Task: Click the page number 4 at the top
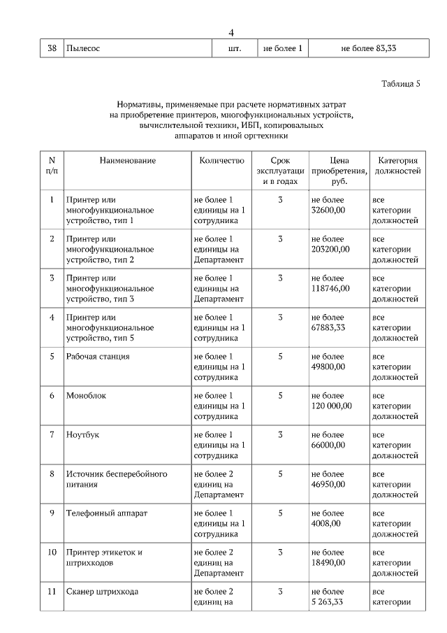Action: click(231, 32)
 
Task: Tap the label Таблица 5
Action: click(401, 85)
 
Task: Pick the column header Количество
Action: click(222, 160)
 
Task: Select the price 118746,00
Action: click(331, 287)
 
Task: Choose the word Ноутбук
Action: click(83, 434)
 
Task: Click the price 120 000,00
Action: click(332, 405)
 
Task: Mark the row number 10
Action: click(52, 552)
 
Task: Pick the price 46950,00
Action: click(328, 483)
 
